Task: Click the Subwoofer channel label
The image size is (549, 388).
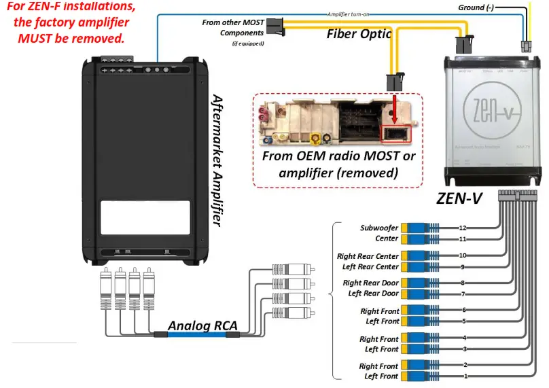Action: click(x=379, y=228)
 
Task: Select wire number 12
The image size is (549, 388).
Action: click(x=463, y=228)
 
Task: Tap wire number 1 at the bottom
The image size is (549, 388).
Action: click(x=465, y=376)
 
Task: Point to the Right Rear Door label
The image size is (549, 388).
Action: click(x=370, y=283)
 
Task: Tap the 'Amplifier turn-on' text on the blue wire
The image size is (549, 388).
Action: click(x=349, y=14)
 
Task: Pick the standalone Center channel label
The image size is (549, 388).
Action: click(x=387, y=239)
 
